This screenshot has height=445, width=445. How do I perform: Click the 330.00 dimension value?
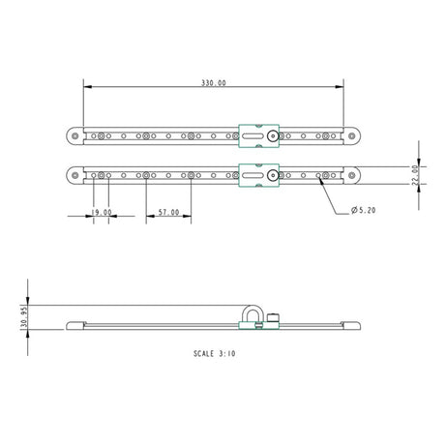coord(214,84)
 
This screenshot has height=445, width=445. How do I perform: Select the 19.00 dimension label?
coord(101,212)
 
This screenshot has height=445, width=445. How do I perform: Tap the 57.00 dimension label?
coord(168,212)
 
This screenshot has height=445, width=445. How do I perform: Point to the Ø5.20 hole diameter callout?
coord(366,210)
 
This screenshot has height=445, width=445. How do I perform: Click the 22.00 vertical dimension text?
coord(415,174)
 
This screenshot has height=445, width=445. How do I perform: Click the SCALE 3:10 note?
coord(214,355)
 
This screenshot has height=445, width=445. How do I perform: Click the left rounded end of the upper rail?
coord(74,137)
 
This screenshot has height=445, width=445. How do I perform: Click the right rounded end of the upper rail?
coord(353,137)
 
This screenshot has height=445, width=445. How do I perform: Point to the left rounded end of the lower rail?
coord(74,175)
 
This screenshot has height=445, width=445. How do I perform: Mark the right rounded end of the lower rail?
coord(353,175)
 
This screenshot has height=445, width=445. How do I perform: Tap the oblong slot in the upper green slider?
coord(251,137)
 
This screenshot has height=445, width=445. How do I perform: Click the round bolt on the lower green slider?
coord(275,175)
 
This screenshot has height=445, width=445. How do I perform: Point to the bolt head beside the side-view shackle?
coord(276,318)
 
